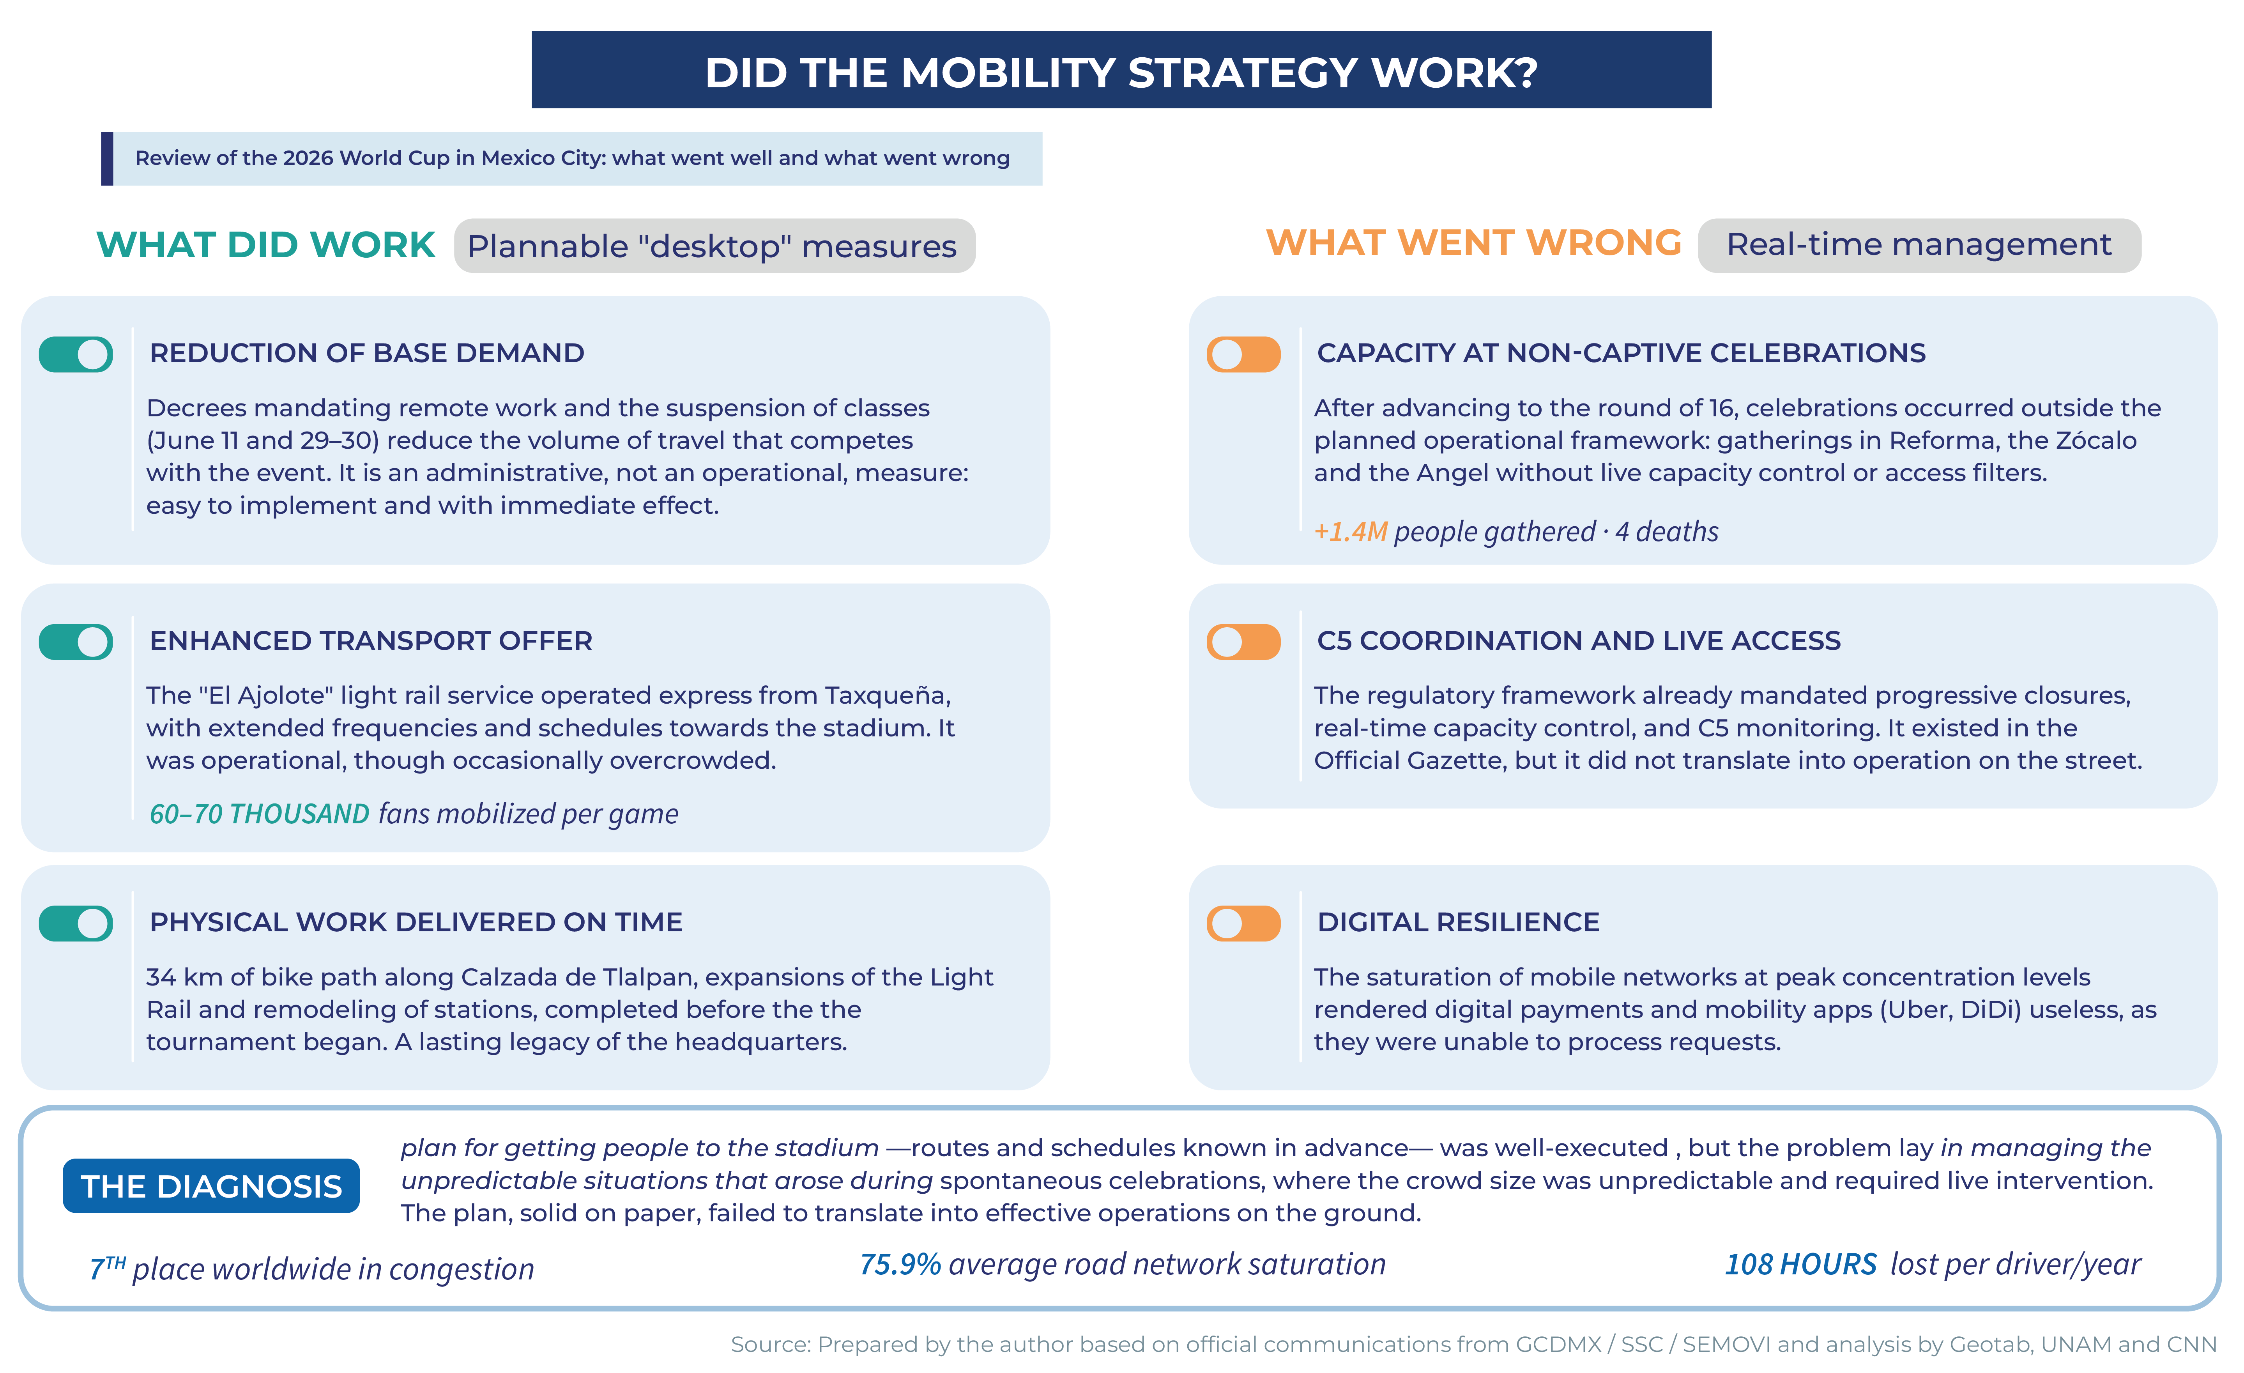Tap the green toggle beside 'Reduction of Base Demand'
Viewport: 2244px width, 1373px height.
76,354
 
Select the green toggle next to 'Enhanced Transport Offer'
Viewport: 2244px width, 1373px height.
76,641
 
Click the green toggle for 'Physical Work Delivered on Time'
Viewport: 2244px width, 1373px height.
76,923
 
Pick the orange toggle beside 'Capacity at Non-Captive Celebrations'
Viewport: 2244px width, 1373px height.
1243,354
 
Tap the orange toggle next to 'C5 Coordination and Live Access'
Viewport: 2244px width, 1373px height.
1243,641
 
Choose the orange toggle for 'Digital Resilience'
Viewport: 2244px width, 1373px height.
1243,923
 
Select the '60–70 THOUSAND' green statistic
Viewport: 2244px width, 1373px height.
260,814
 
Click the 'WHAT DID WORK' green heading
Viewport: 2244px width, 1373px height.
266,245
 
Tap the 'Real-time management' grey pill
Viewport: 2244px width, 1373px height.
1919,245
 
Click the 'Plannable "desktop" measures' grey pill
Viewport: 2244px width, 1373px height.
714,245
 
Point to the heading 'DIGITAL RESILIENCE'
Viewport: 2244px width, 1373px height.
1458,922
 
